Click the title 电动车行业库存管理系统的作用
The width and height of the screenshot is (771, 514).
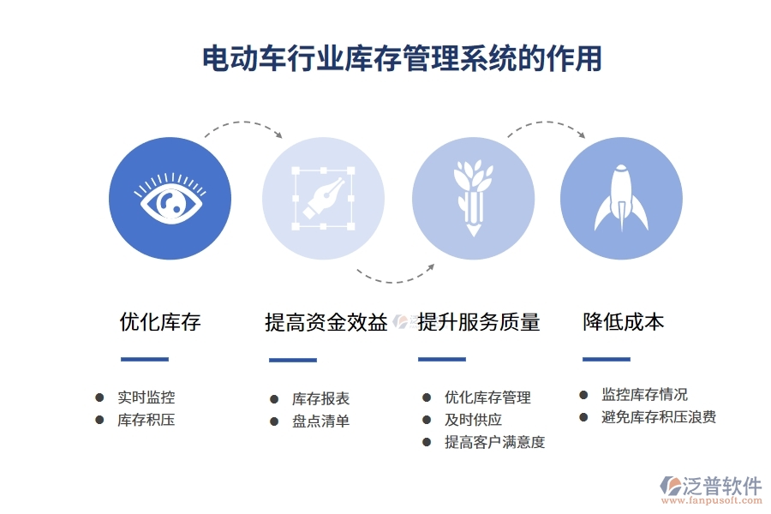tap(402, 58)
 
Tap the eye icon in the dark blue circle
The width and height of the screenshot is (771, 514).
tap(170, 200)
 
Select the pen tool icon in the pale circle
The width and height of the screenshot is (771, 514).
tap(323, 198)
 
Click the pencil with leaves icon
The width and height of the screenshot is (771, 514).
tap(472, 198)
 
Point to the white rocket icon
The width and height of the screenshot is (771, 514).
tap(621, 199)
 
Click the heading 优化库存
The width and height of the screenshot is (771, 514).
tap(160, 322)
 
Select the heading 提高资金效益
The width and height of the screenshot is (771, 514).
tap(326, 323)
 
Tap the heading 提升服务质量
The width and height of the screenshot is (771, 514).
tap(479, 323)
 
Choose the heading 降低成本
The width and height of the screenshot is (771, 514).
tap(623, 322)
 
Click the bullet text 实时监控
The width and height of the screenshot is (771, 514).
tap(146, 397)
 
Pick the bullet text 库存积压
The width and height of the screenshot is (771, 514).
tap(146, 421)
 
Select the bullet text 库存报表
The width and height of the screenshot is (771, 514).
tap(320, 399)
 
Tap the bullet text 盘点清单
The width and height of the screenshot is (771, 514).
tap(320, 421)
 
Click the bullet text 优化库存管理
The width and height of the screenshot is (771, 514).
tap(487, 397)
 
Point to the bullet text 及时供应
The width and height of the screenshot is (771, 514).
tap(473, 420)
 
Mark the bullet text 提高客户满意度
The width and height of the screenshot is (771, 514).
tap(494, 442)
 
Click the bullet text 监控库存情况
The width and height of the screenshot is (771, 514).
tap(644, 395)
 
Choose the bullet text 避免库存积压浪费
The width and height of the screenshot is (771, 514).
tap(659, 417)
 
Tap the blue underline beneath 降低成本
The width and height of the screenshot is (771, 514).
tap(606, 359)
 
